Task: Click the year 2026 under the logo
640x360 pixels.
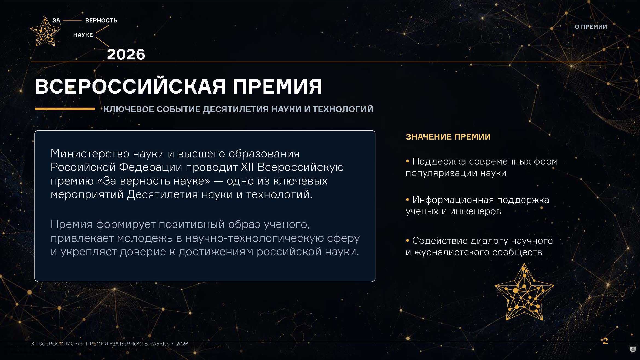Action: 126,54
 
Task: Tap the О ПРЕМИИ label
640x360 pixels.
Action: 591,27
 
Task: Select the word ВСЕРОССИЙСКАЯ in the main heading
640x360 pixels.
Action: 130,86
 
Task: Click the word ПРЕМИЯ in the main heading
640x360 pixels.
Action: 277,87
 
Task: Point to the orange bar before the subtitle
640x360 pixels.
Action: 65,109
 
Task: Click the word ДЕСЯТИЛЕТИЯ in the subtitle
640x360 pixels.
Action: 236,109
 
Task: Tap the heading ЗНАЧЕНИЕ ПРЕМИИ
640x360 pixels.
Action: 448,137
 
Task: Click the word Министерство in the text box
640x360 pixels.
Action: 90,154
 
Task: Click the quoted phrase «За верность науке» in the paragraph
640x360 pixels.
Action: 169,181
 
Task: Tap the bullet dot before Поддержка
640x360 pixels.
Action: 407,162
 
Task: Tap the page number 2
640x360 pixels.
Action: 605,341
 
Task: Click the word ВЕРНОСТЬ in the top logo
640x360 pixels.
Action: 101,21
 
